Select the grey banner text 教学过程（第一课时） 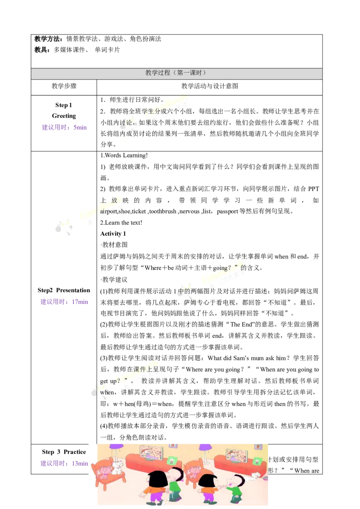pyautogui.click(x=175, y=73)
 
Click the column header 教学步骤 pyautogui.click(x=64, y=86)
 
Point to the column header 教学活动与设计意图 pyautogui.click(x=210, y=86)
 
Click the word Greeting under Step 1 pyautogui.click(x=64, y=116)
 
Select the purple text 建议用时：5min pyautogui.click(x=64, y=128)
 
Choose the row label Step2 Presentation pyautogui.click(x=64, y=290)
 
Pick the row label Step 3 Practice pyautogui.click(x=64, y=452)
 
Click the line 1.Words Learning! pyautogui.click(x=124, y=156)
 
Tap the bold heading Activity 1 pyautogui.click(x=113, y=234)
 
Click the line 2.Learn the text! pyautogui.click(x=121, y=223)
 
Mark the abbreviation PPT pyautogui.click(x=314, y=189)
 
